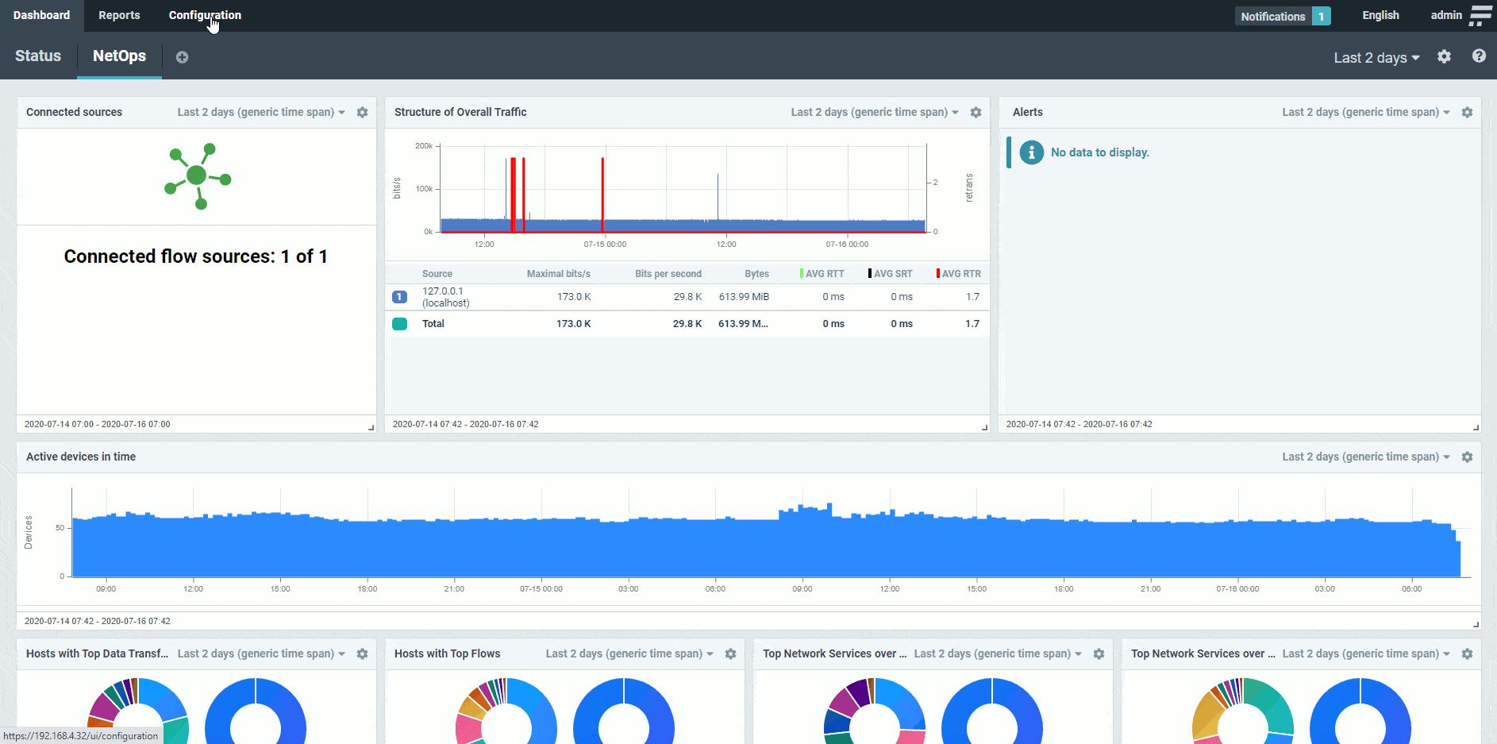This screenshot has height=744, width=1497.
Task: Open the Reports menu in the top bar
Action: (119, 16)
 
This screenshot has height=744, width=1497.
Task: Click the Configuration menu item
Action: (205, 16)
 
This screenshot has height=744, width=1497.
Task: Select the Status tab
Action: (38, 56)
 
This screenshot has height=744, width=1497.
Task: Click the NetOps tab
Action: (119, 56)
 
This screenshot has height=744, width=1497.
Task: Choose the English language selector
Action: (1380, 16)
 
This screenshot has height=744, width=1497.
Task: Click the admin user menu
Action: (1446, 16)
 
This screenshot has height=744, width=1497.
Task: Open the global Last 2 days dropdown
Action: (1376, 58)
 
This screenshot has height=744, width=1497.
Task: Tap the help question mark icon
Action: (1479, 56)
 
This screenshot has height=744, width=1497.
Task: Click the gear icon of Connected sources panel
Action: (363, 113)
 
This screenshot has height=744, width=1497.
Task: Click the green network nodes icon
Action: (198, 176)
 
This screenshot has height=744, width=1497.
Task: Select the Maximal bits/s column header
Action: (558, 274)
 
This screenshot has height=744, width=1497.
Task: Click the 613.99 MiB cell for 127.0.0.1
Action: (744, 297)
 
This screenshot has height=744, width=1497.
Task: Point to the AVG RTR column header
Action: (960, 274)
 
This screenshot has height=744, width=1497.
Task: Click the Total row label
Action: (433, 324)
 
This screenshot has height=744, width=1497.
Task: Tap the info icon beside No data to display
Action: (1031, 152)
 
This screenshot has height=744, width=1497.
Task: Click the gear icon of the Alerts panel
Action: (1467, 113)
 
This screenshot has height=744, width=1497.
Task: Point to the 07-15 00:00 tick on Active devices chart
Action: (541, 589)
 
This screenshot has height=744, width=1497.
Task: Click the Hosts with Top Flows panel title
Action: (447, 654)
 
